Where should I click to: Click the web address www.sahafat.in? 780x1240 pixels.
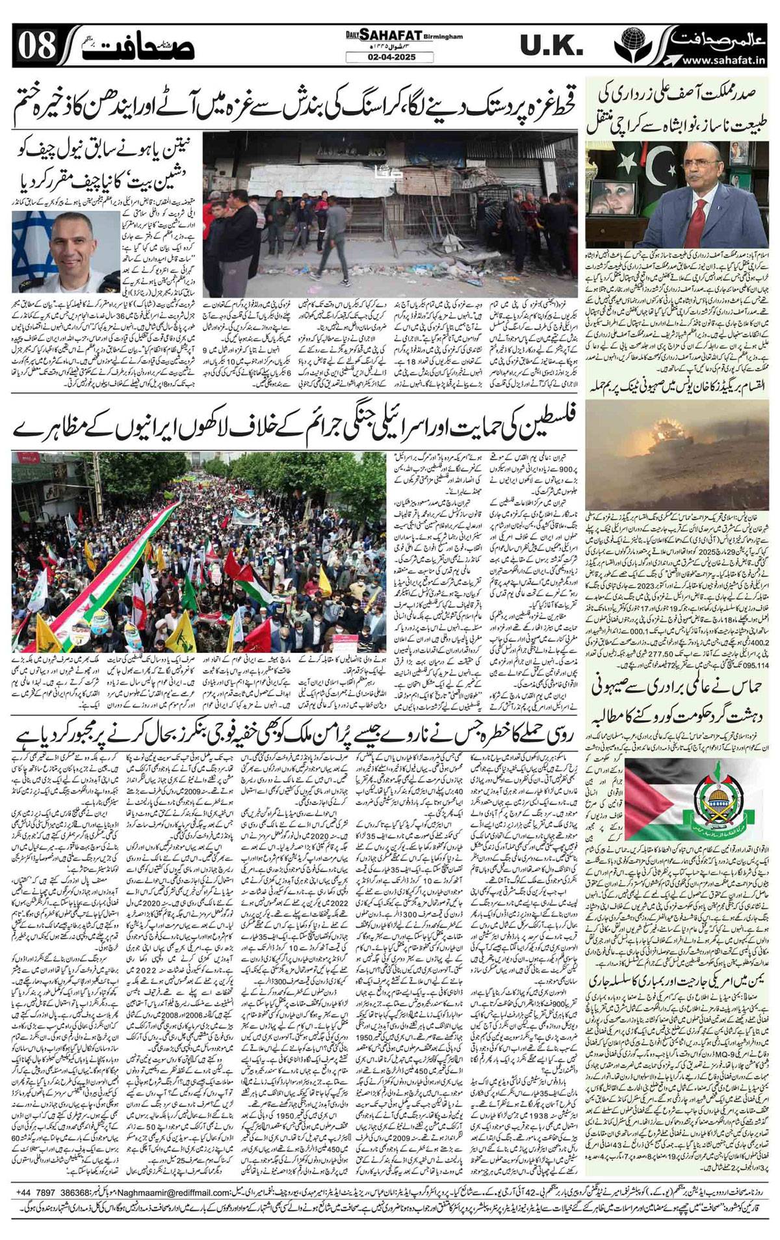[723, 60]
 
